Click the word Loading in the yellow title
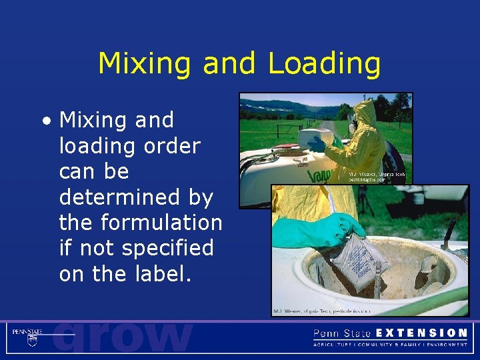[324, 65]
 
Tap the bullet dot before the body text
[45, 121]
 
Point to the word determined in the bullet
[136, 197]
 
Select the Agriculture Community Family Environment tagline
[390, 345]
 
